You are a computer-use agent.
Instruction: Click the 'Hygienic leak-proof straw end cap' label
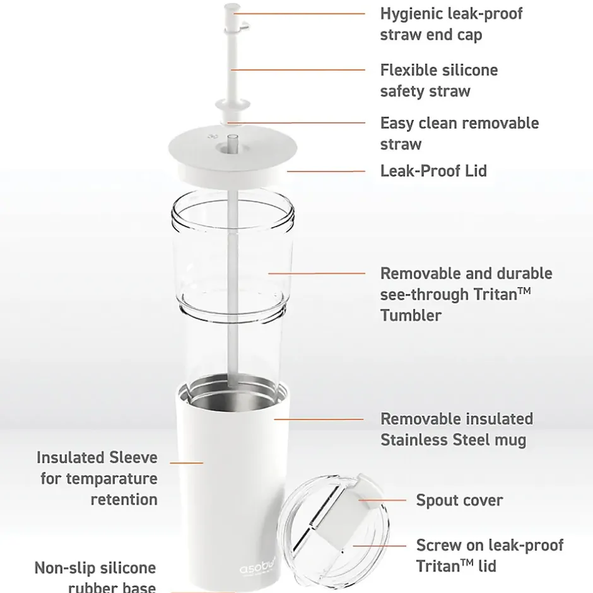click(451, 24)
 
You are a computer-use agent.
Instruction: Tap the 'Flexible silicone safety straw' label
click(438, 81)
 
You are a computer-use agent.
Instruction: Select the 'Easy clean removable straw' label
click(459, 134)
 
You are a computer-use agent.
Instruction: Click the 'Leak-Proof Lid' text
click(433, 171)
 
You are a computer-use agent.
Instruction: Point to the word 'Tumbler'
click(411, 315)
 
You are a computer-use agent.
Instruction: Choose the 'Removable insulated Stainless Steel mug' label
click(457, 429)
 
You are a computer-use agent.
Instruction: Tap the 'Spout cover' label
click(459, 500)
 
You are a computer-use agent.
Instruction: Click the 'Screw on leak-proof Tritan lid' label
click(490, 556)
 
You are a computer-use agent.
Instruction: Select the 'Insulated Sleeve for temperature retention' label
click(97, 478)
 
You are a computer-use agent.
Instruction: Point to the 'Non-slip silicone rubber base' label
click(95, 577)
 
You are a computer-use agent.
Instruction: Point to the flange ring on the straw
click(233, 105)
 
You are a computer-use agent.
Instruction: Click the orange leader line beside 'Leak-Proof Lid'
click(326, 172)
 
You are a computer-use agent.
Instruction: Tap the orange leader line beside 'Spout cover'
click(382, 500)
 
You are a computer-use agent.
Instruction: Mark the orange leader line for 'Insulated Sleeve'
click(187, 463)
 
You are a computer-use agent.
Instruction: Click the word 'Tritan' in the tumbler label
click(496, 295)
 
